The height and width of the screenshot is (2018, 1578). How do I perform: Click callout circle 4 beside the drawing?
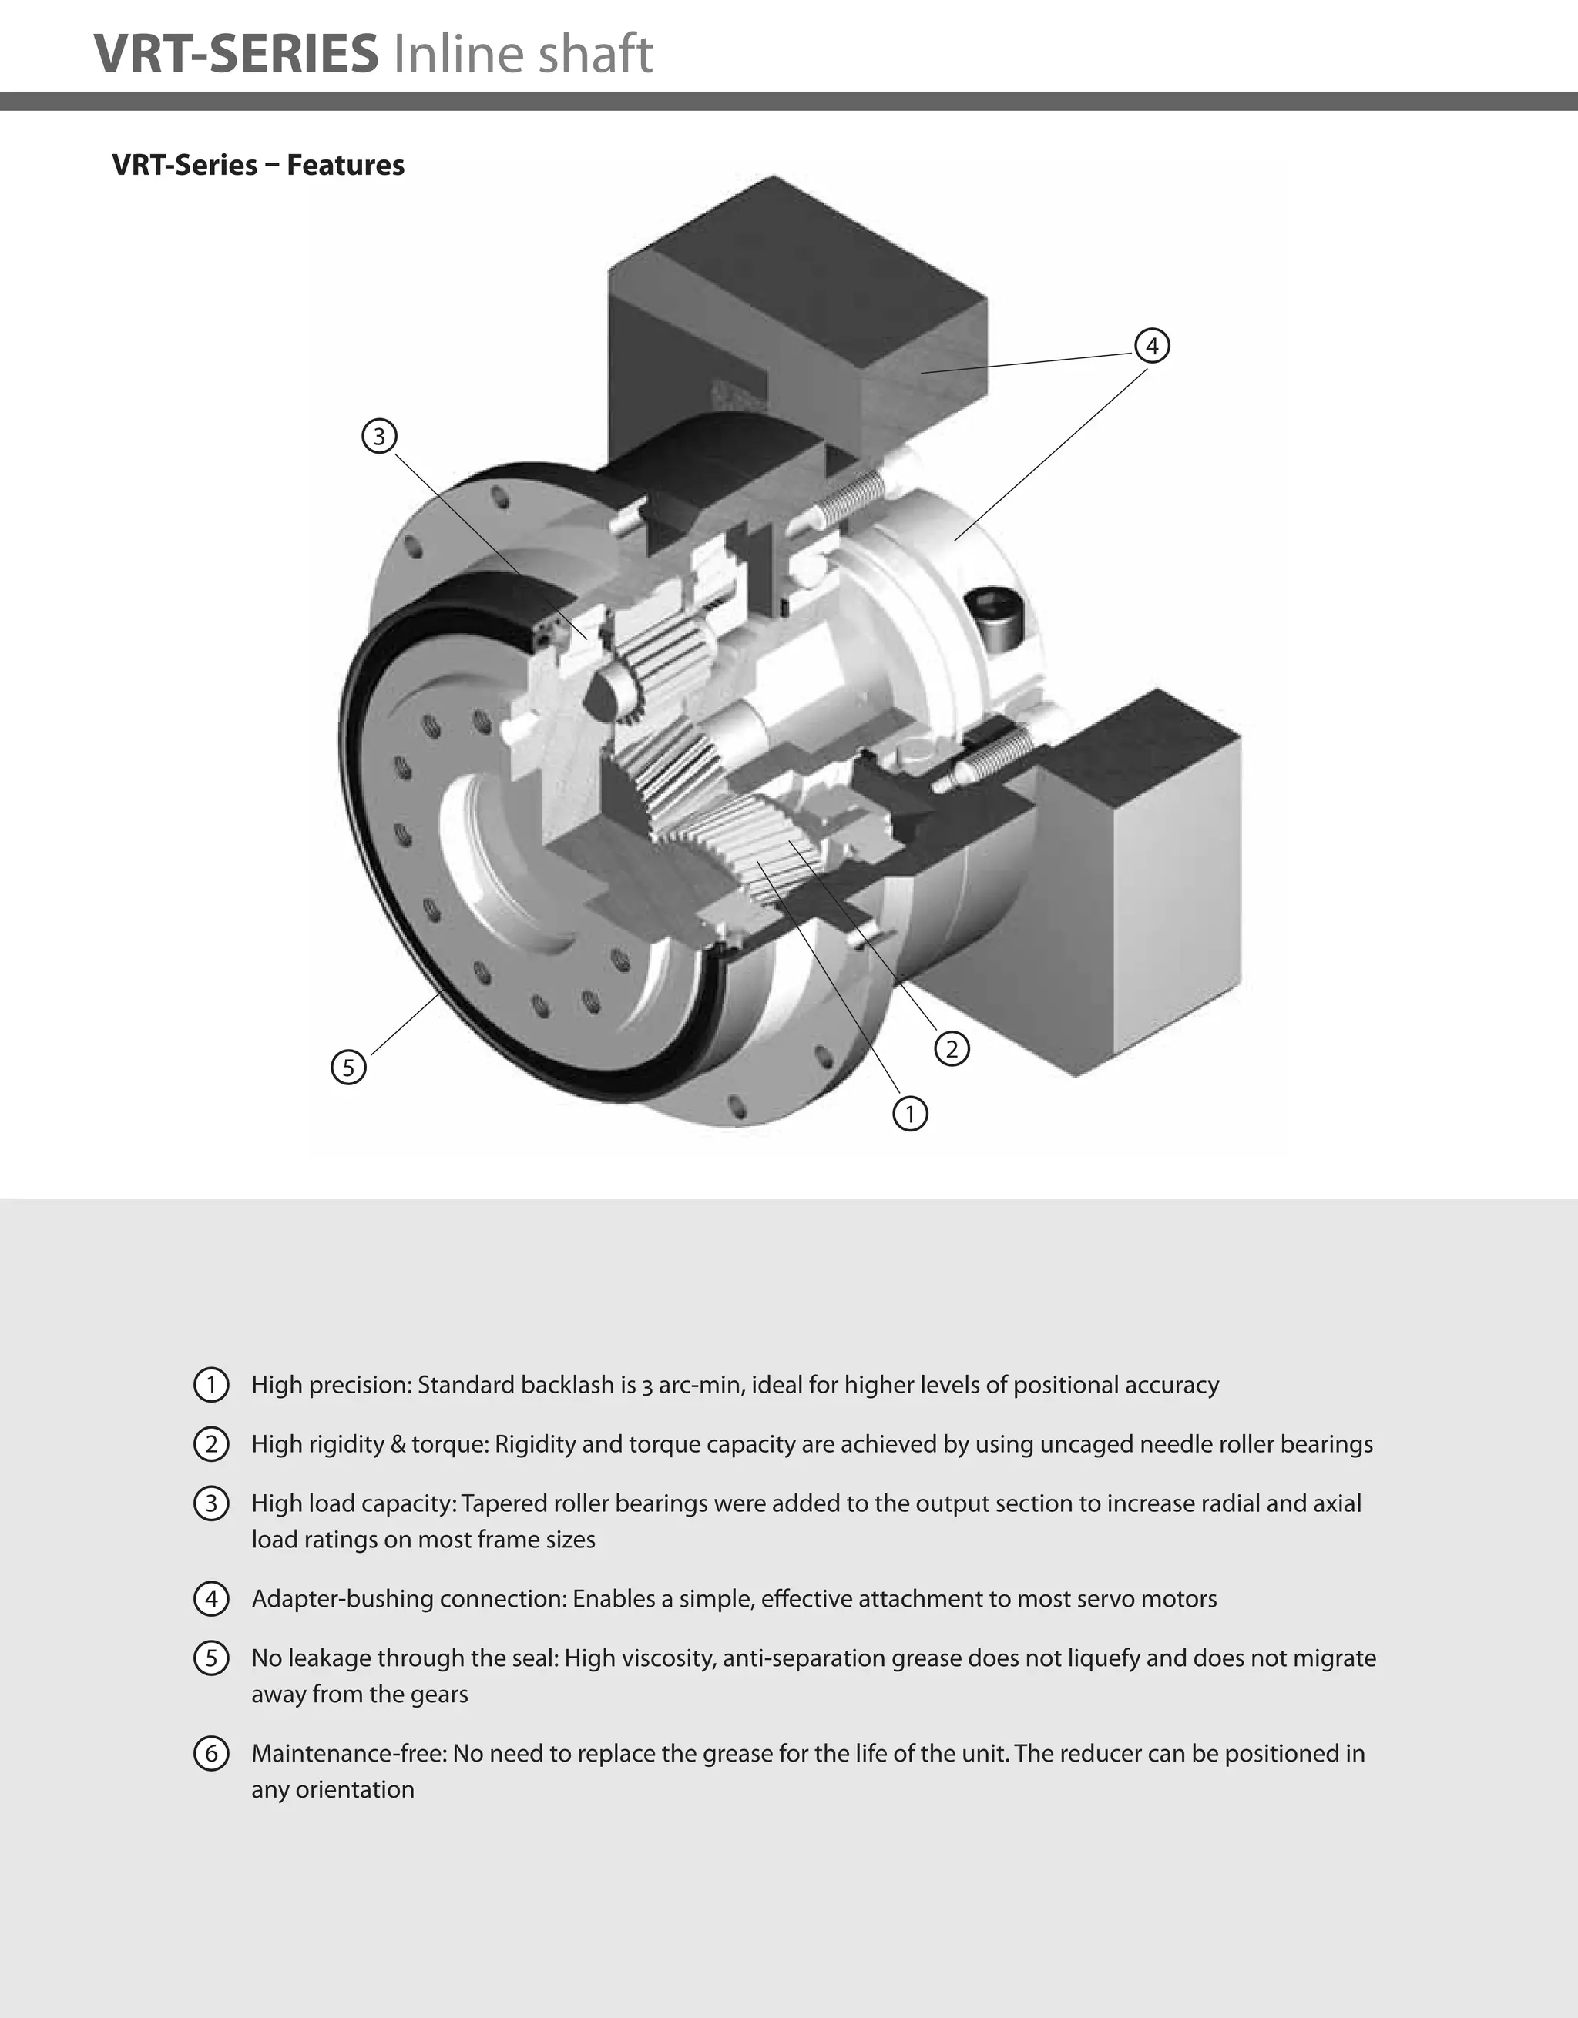1152,346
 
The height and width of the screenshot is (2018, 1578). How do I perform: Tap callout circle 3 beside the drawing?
379,435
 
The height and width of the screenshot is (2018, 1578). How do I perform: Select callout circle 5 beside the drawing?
348,1068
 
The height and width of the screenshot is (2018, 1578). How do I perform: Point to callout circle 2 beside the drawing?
952,1049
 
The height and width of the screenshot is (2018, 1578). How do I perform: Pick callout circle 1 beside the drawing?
911,1114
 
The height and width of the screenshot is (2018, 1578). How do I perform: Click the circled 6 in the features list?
212,1753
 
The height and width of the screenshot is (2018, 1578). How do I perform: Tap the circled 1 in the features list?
212,1384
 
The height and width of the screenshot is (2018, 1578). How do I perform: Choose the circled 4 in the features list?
212,1598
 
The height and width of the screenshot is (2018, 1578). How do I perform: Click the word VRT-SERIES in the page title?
236,52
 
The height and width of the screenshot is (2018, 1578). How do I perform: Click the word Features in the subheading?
346,165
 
